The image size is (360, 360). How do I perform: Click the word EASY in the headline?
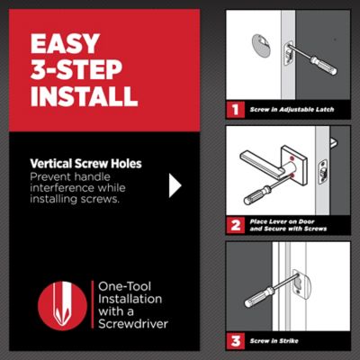pos(65,43)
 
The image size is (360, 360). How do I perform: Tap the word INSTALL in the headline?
pos(85,96)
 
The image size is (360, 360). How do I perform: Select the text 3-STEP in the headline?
pos(76,70)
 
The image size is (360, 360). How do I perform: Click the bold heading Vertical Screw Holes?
pos(85,164)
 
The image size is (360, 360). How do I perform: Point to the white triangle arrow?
pos(175,185)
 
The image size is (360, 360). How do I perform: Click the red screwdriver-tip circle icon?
pos(62,306)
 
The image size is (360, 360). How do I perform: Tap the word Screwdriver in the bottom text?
pos(133,324)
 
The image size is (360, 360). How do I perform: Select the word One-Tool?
pos(124,286)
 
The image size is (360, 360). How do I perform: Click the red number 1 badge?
pos(235,110)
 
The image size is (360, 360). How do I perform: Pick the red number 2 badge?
pos(235,225)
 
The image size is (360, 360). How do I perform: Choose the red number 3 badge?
pos(235,341)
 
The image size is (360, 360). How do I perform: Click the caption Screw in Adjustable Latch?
pos(292,110)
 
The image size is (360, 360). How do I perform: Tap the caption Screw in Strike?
pos(274,341)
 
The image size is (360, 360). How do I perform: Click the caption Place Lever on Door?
pos(282,221)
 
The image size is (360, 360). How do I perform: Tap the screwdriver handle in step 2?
pos(256,195)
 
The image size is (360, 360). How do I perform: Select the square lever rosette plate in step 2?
pos(294,166)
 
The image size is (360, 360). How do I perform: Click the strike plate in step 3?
pos(302,284)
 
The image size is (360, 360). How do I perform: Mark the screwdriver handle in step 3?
pos(258,297)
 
